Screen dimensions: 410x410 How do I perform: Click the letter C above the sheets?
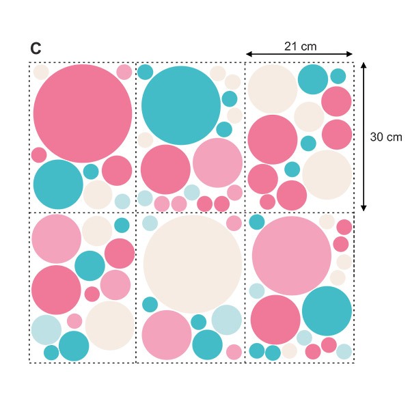tap(36, 49)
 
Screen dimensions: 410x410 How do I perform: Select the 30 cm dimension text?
tap(386, 137)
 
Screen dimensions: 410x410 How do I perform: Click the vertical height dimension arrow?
tap(364, 137)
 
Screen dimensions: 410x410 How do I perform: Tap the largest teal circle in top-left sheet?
tap(58, 184)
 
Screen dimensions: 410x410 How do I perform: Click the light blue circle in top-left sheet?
tap(122, 201)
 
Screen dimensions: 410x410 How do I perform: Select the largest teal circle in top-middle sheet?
tap(181, 105)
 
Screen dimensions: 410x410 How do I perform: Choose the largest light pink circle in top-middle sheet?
tap(217, 163)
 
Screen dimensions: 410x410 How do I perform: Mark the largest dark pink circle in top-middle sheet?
tap(165, 169)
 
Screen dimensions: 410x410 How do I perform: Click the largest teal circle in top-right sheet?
tap(313, 79)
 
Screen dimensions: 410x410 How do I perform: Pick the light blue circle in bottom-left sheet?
tap(46, 330)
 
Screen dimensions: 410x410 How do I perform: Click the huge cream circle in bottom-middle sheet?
tap(192, 264)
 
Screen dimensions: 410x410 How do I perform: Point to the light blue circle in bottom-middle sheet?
tap(226, 320)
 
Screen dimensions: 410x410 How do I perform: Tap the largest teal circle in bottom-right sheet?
tap(327, 312)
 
